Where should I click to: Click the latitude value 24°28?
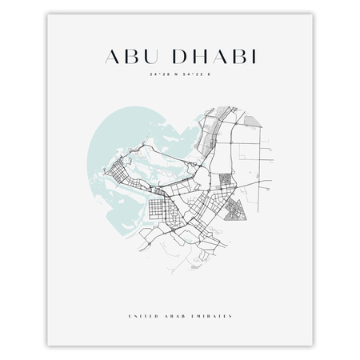(x=158, y=74)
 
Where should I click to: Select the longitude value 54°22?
(x=192, y=74)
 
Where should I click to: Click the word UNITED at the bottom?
(x=142, y=294)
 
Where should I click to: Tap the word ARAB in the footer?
(x=176, y=294)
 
